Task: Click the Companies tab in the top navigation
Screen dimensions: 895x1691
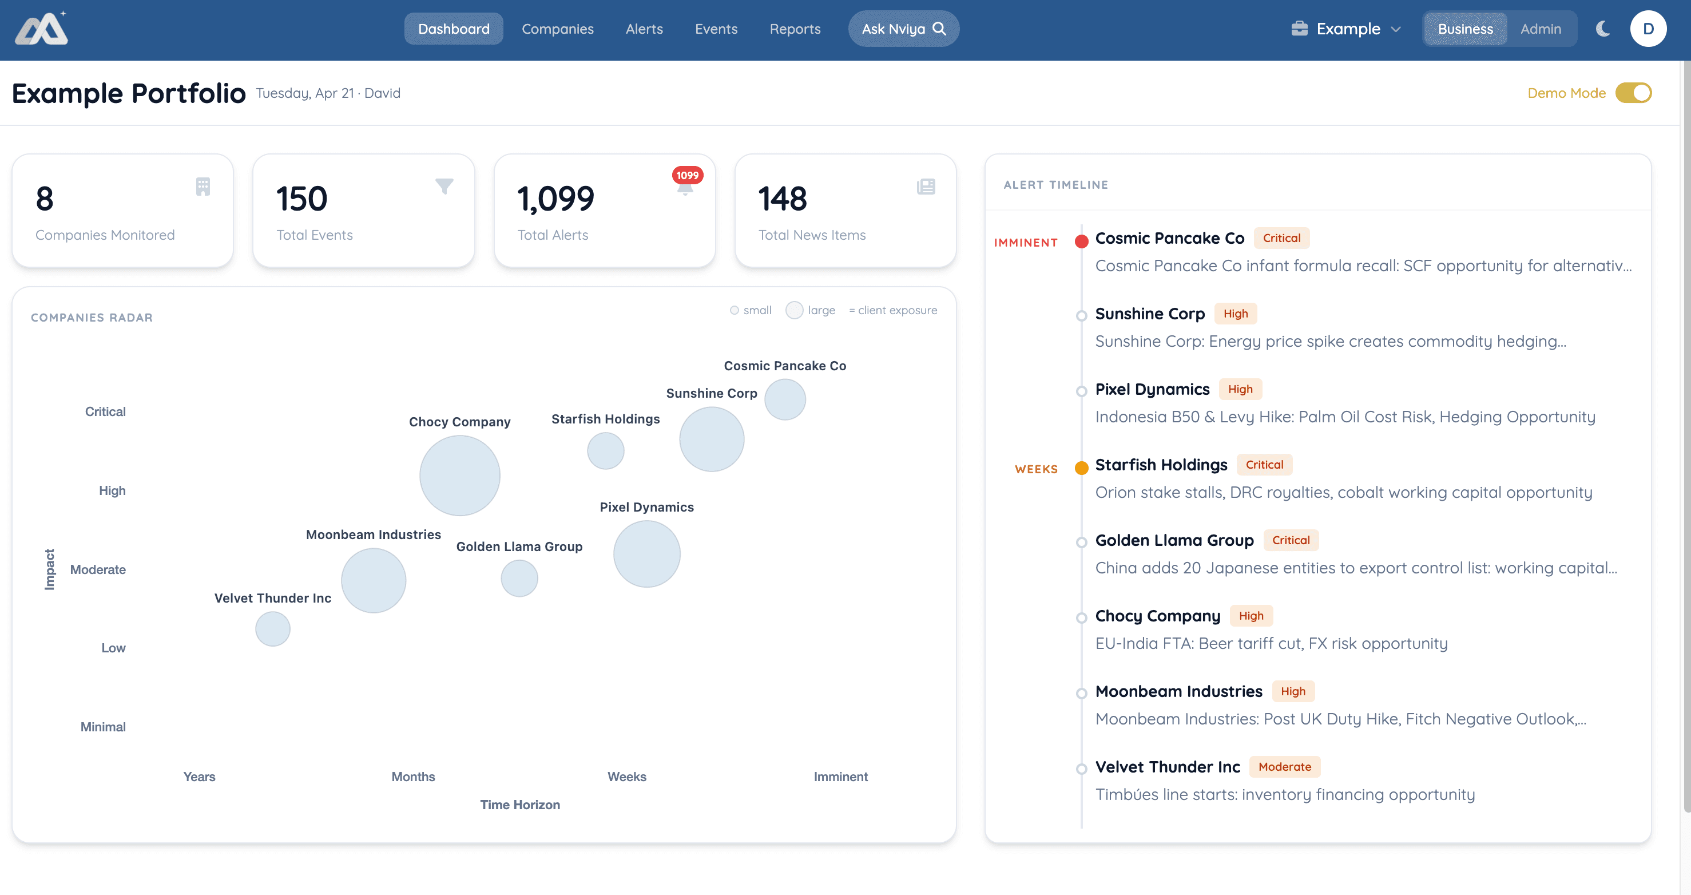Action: [x=557, y=29]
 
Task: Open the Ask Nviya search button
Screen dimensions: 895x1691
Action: [x=903, y=29]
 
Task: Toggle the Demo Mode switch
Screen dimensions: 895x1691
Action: [x=1633, y=93]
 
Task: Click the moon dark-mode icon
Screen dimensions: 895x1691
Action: [x=1603, y=29]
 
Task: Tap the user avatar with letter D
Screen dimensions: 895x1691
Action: [x=1648, y=29]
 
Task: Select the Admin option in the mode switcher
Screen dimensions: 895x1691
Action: [x=1540, y=29]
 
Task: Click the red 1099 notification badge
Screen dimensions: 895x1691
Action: [x=687, y=175]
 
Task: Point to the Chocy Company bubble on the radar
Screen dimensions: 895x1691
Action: [x=459, y=476]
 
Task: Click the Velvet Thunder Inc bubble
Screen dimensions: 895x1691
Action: [x=272, y=628]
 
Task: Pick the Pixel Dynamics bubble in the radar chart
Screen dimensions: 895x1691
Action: [x=646, y=553]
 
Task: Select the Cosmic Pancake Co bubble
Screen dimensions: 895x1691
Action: [x=784, y=399]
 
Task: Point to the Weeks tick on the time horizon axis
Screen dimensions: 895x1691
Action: [x=626, y=776]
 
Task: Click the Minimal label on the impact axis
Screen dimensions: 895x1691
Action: [x=103, y=726]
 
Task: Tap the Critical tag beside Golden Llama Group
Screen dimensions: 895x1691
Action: [x=1290, y=540]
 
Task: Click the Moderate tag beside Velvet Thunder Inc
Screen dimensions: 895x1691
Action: [x=1284, y=766]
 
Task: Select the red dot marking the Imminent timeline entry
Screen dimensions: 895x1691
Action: [x=1081, y=241]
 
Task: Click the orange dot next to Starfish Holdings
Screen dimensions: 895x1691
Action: [x=1081, y=468]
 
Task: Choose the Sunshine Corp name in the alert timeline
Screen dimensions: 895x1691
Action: [x=1149, y=314]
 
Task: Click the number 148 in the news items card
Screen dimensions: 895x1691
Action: [x=782, y=199]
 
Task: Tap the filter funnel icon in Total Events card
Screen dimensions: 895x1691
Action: [x=444, y=187]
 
